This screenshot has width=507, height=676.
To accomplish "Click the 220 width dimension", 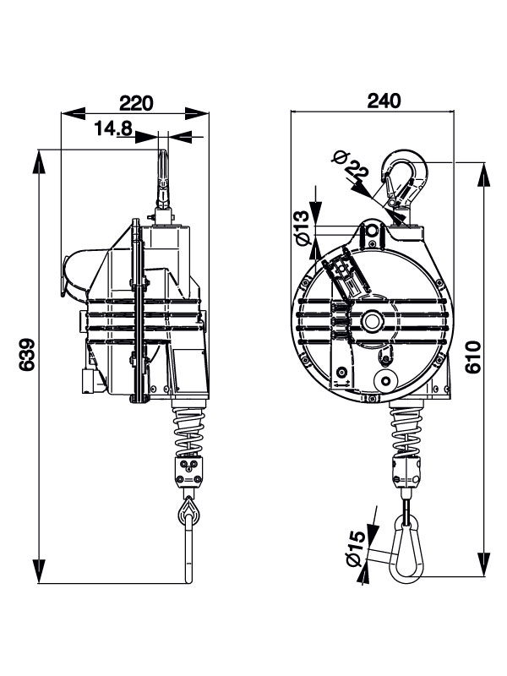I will point(135,103).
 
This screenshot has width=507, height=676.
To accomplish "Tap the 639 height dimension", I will point(26,360).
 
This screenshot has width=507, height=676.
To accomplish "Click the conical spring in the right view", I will point(407,428).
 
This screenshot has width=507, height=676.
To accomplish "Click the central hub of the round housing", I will point(372,321).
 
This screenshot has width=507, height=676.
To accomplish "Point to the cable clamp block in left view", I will point(188,470).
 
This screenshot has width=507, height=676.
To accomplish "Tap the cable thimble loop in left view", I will point(187,510).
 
